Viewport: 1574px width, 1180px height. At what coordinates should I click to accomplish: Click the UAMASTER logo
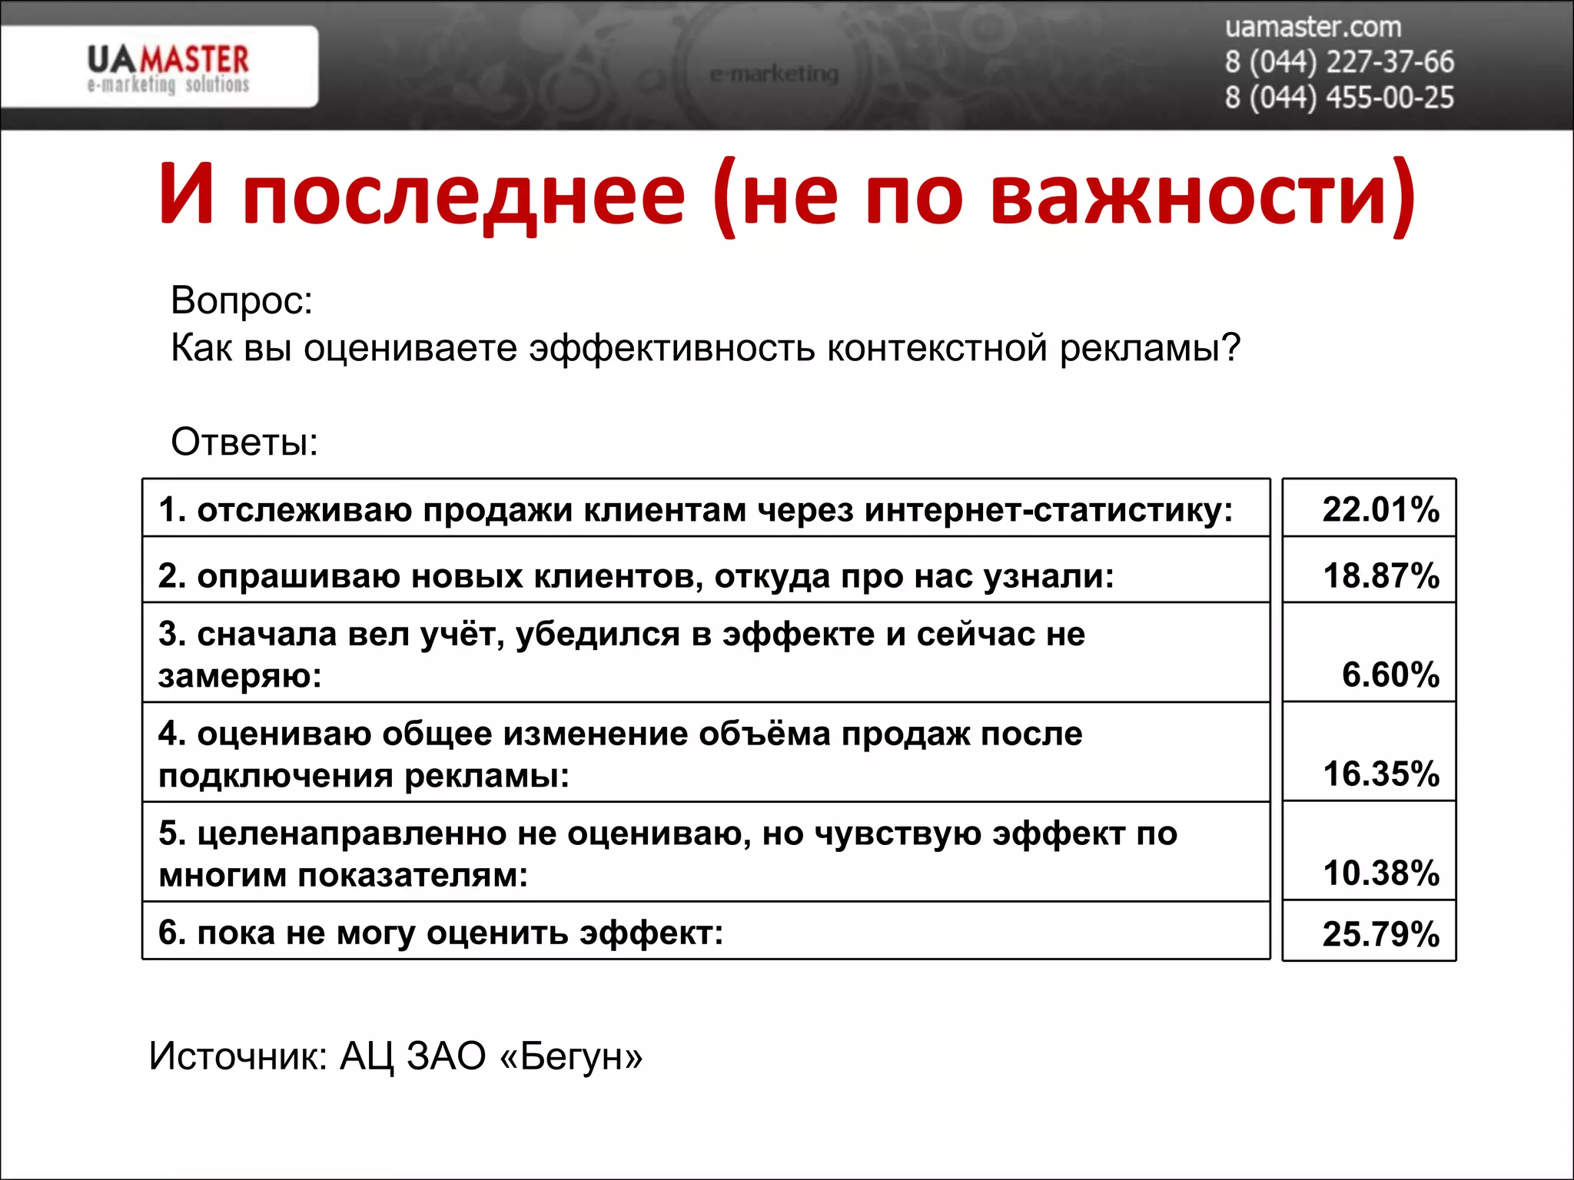pyautogui.click(x=168, y=68)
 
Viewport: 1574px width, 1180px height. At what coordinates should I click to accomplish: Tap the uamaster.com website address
pyautogui.click(x=1313, y=28)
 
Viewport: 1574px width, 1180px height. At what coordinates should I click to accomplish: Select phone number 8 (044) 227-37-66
pyautogui.click(x=1339, y=62)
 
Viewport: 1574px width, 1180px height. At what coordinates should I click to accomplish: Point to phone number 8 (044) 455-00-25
pyautogui.click(x=1339, y=98)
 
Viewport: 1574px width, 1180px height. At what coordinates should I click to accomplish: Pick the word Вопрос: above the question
pyautogui.click(x=242, y=300)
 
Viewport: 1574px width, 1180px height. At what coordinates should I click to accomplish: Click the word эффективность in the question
pyautogui.click(x=672, y=348)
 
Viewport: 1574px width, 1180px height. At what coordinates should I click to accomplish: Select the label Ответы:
pyautogui.click(x=244, y=442)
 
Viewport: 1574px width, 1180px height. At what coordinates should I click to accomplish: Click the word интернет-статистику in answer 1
pyautogui.click(x=1048, y=510)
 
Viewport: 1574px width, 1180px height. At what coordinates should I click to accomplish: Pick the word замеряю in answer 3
pyautogui.click(x=239, y=677)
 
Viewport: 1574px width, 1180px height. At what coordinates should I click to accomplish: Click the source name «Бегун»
pyautogui.click(x=571, y=1056)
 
